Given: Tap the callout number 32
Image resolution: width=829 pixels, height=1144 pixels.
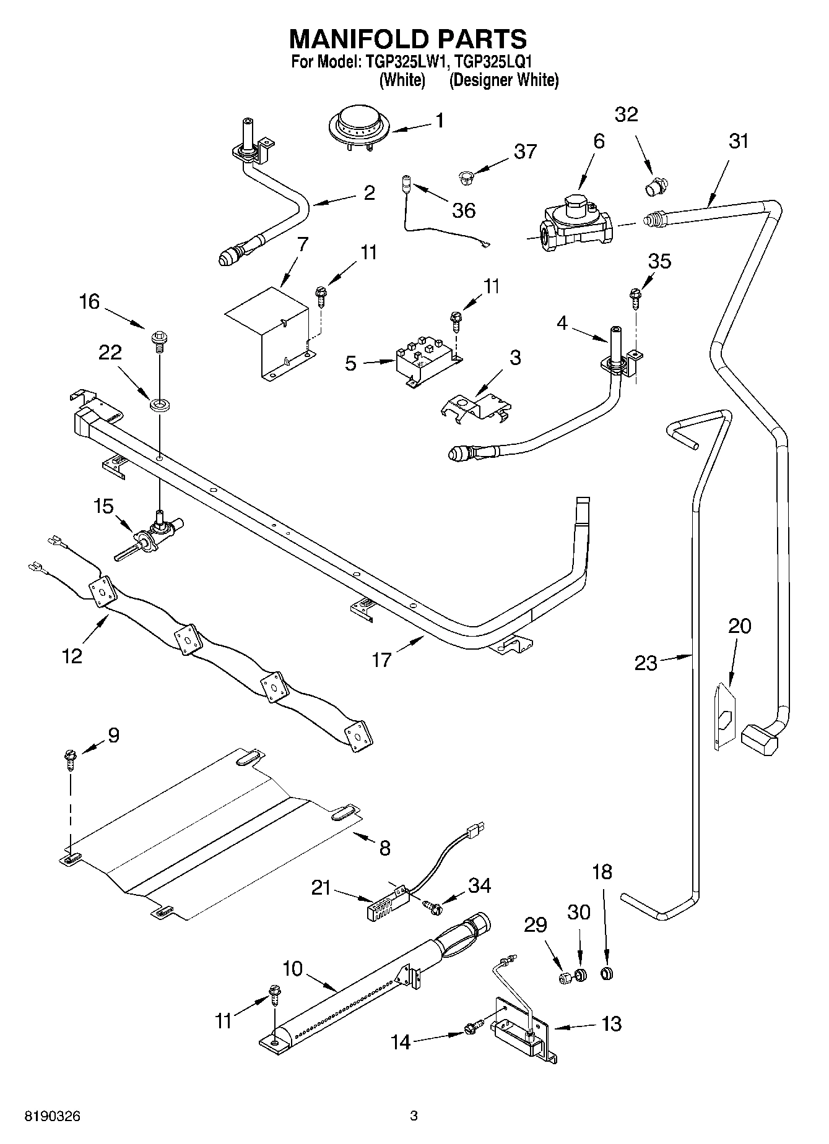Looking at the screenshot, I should [626, 115].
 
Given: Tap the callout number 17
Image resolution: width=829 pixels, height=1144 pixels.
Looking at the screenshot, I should [381, 660].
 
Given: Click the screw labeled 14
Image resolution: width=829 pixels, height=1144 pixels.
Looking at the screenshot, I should [472, 1030].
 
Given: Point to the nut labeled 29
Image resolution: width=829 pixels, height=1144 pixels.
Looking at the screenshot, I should [565, 978].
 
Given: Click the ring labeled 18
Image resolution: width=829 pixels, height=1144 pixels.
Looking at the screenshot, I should [607, 974].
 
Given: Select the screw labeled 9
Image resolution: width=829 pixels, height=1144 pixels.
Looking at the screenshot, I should [70, 759].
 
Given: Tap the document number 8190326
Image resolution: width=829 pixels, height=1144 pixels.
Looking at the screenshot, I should [52, 1116].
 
